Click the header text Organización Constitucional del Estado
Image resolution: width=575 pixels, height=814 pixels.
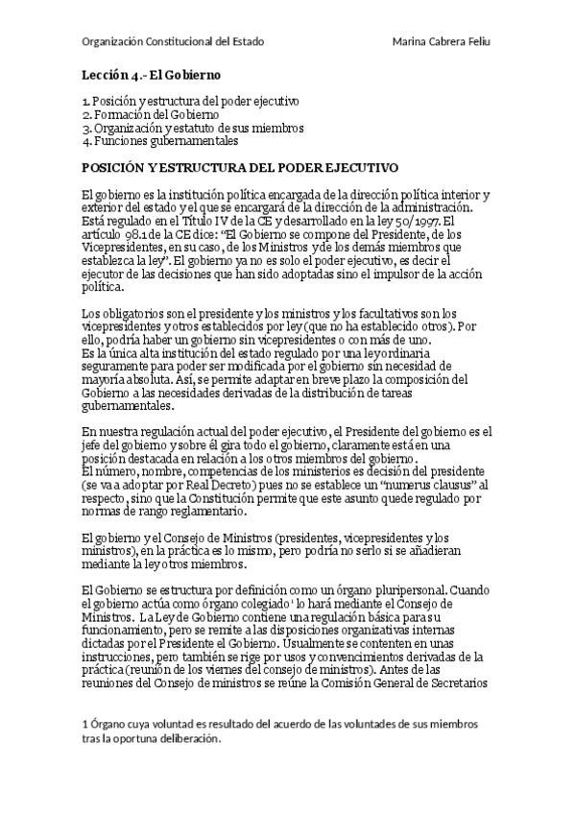(x=173, y=42)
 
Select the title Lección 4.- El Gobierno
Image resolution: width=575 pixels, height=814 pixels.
(x=151, y=74)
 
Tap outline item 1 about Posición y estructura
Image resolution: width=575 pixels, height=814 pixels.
(x=191, y=101)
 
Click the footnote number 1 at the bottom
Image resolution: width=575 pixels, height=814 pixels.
(x=84, y=723)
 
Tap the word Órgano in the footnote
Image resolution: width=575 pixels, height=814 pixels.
(x=109, y=723)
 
